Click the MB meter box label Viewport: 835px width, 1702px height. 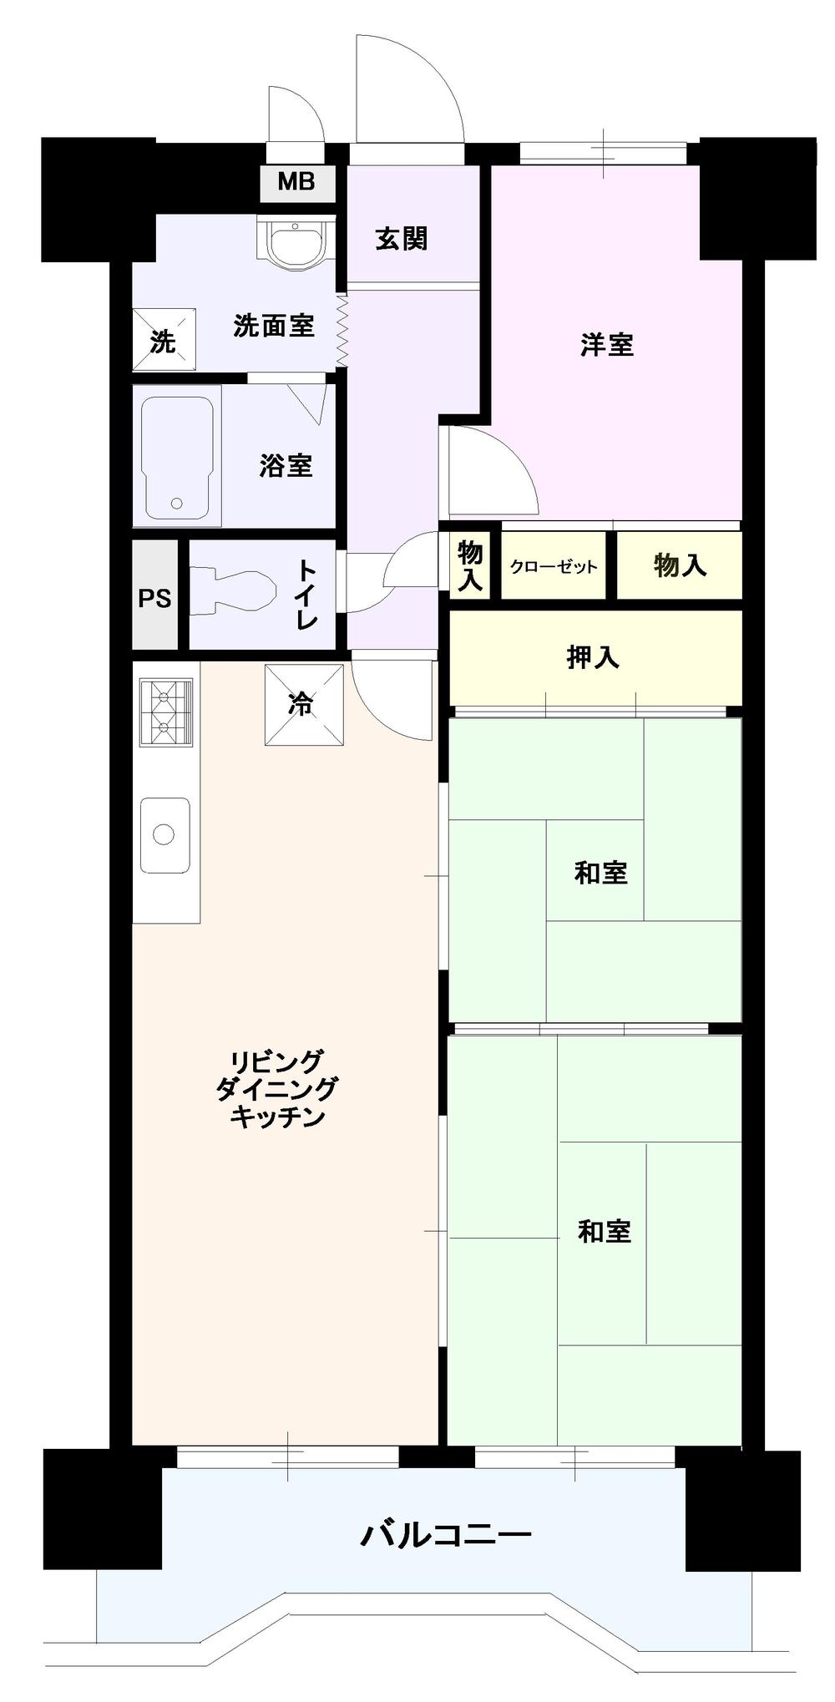pos(296,181)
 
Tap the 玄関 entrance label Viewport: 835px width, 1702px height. pos(401,240)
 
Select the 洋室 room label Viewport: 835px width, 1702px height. pos(607,344)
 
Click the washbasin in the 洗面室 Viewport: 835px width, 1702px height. pos(291,244)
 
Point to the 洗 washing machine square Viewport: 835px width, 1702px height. pos(164,340)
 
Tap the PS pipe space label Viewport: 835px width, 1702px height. pos(154,598)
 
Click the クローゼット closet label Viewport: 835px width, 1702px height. pos(554,567)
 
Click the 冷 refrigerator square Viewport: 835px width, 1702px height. pos(303,705)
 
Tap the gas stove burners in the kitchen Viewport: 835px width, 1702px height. pos(165,711)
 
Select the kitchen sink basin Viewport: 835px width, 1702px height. pos(164,834)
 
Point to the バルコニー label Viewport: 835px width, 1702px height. pos(445,1534)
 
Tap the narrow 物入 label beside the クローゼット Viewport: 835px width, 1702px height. pos(470,565)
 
